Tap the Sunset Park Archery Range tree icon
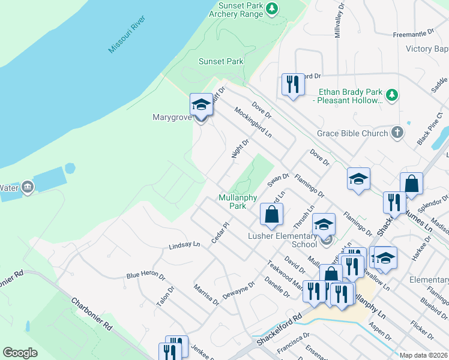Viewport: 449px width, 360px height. click(273, 8)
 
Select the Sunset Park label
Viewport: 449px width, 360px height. click(221, 61)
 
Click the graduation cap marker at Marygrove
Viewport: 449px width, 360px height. click(201, 105)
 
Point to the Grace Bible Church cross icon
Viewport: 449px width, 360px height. click(397, 133)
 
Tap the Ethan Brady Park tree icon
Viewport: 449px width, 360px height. click(392, 95)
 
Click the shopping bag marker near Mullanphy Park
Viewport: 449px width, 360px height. click(271, 214)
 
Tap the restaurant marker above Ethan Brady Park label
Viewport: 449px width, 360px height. click(292, 83)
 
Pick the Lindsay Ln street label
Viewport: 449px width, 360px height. click(184, 245)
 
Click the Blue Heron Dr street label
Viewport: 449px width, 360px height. click(145, 275)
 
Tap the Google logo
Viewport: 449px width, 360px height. click(20, 353)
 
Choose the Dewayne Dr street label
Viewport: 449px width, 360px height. click(238, 291)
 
